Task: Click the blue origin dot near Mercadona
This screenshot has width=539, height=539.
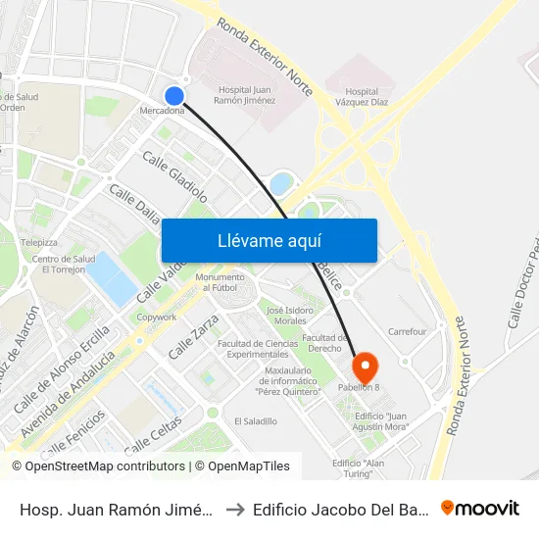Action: click(174, 95)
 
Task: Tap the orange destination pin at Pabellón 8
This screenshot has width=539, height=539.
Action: click(365, 368)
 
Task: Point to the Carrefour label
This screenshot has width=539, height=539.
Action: click(407, 331)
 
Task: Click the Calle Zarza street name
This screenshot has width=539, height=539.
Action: click(193, 336)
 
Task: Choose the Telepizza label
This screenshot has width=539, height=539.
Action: click(40, 242)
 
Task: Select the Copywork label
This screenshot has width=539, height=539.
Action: click(157, 317)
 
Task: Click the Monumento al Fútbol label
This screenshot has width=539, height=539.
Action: click(220, 282)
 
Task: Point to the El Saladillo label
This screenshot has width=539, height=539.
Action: click(255, 420)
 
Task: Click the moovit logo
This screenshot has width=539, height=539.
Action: click(480, 508)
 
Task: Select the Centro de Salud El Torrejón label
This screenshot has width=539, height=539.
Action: click(62, 265)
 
